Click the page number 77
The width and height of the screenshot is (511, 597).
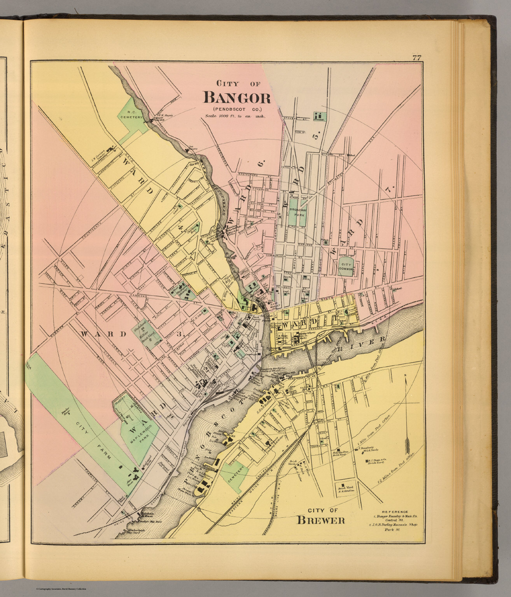417,58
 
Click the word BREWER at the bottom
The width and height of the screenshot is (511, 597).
321,520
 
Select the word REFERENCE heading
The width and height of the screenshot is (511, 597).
395,511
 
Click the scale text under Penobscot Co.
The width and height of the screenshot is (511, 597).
233,116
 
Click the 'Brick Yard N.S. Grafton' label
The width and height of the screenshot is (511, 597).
345,490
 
